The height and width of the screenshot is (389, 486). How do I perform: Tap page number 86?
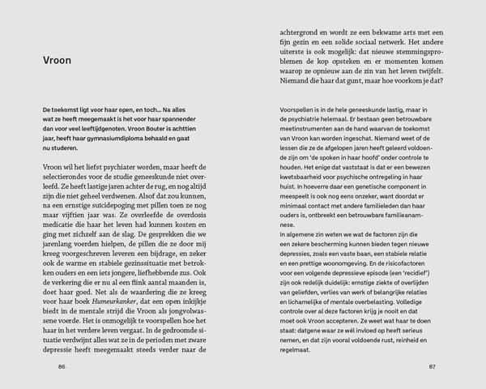pyautogui.click(x=61, y=366)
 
